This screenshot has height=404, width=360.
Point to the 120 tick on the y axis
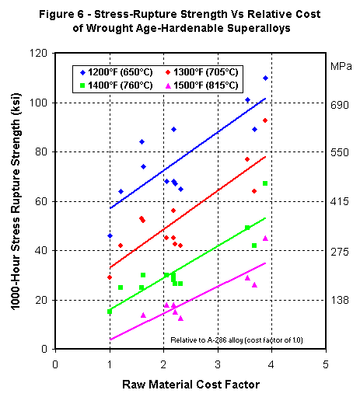[x=39, y=53]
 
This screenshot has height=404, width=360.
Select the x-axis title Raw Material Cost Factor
[x=190, y=385]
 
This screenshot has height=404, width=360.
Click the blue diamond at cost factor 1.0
[x=110, y=235]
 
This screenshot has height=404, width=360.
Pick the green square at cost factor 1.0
[x=110, y=312]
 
